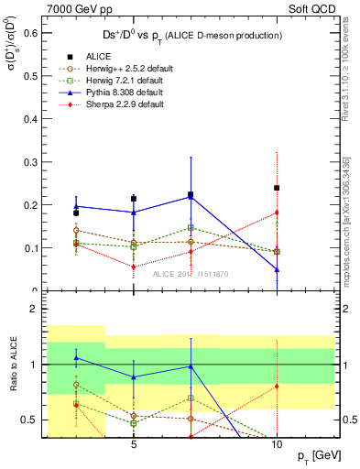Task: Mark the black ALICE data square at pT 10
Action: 277,188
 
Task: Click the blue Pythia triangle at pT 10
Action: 277,269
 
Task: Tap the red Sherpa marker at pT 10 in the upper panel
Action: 277,213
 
